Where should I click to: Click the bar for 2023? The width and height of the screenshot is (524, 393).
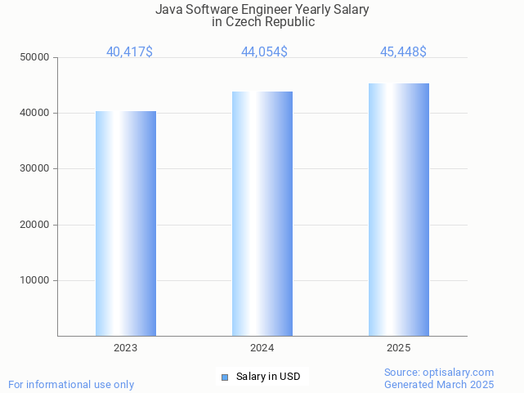point(126,223)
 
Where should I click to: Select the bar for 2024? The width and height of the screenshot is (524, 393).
point(262,213)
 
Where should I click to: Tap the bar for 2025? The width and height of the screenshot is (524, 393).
point(399,209)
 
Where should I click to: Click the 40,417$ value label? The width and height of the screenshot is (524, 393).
point(129,52)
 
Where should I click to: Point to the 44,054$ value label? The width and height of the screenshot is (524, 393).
point(264,52)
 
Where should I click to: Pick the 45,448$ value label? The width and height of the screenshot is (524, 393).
point(403,52)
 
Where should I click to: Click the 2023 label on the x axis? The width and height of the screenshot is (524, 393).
point(126,348)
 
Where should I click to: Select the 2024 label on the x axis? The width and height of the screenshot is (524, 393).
point(262,348)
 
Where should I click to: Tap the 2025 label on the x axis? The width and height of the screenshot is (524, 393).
point(399,348)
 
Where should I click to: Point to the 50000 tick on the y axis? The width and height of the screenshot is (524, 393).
point(36,57)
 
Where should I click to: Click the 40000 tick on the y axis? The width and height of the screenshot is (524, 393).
point(36,113)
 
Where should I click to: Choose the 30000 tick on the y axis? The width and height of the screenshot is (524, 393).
point(36,168)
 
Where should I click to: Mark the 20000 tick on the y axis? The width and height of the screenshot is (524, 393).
point(36,225)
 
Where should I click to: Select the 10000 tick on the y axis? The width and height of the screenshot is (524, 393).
point(36,280)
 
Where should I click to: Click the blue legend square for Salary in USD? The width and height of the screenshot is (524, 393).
point(225,377)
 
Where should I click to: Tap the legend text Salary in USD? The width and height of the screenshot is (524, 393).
point(268,377)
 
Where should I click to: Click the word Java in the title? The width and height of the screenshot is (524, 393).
point(168,10)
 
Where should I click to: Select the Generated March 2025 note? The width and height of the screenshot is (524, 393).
point(439,384)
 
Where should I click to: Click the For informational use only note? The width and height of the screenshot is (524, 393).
point(71,384)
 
